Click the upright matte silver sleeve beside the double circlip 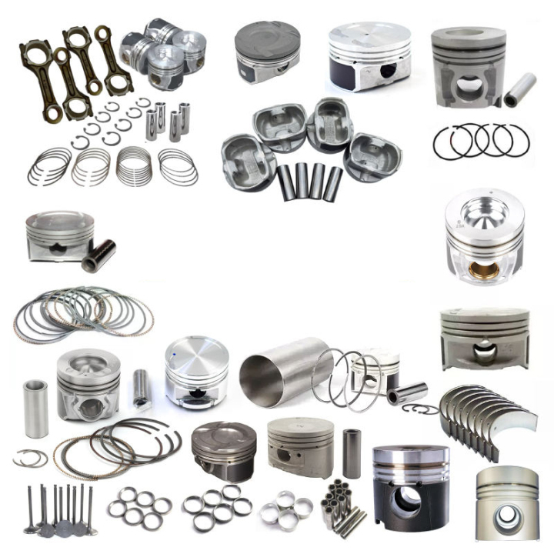coord(35,407)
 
